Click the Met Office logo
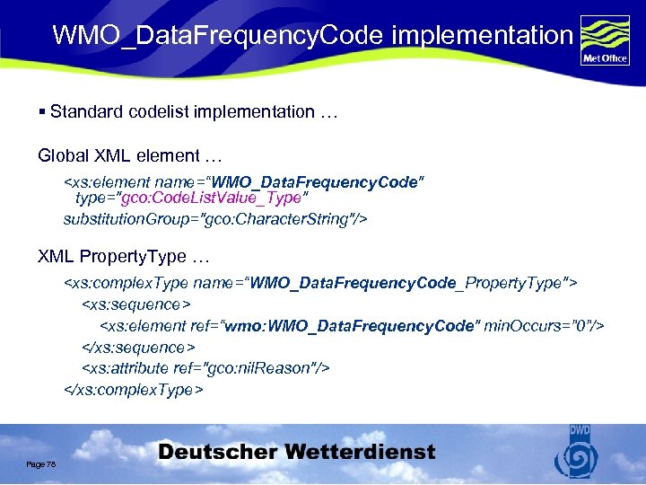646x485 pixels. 605,41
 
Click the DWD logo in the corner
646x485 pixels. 574,453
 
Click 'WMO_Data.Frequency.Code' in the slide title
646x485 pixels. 219,35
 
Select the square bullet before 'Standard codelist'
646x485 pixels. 42,112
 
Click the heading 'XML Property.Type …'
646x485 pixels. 123,256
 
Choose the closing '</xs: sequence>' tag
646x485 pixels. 139,347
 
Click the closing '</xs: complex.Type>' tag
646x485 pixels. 134,390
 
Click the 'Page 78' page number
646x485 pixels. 41,463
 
